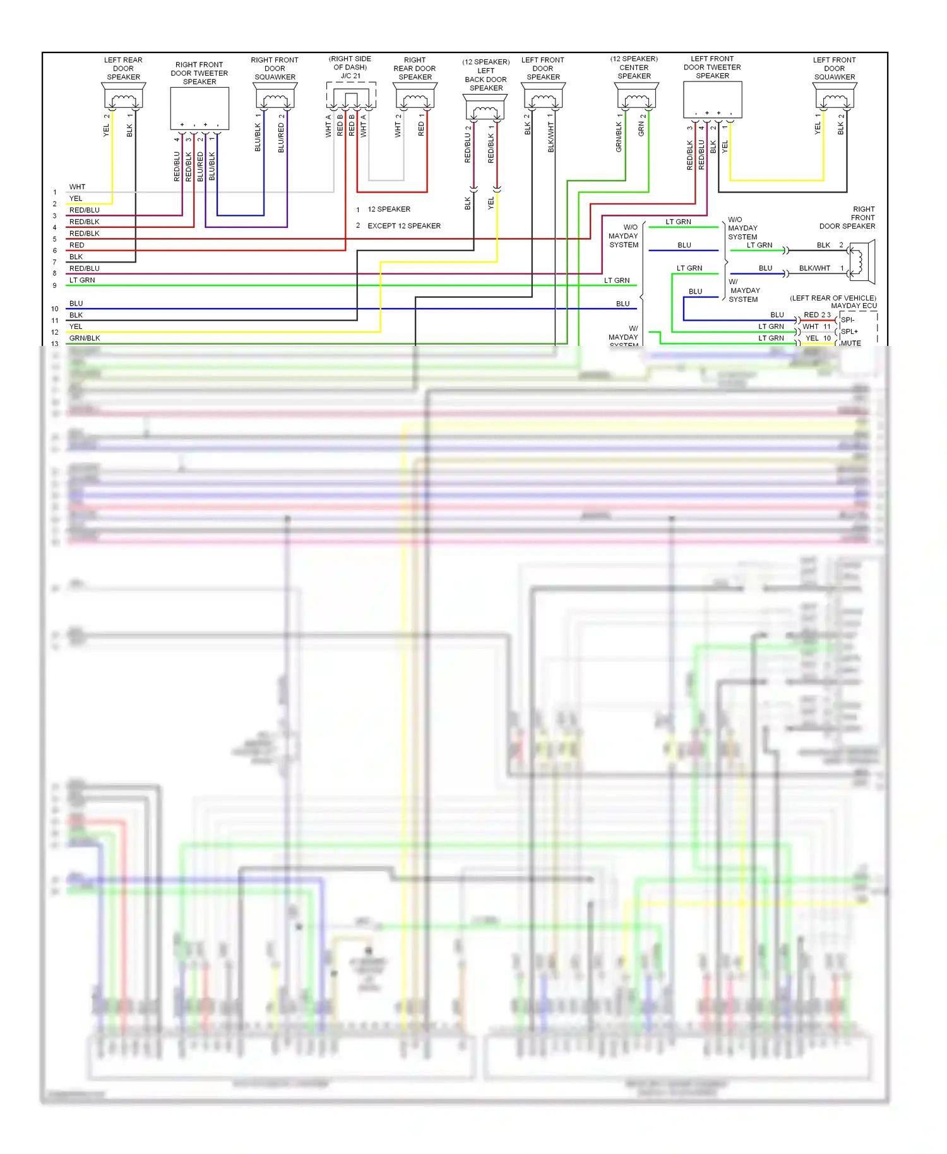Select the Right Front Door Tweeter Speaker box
[200, 108]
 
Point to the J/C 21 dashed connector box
[351, 95]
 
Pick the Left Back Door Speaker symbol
[485, 108]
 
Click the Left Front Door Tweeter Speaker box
[712, 99]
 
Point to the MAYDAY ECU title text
[854, 306]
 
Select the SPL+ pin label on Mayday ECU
[849, 331]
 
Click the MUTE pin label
[850, 343]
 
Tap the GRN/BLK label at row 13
[85, 338]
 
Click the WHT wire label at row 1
[77, 187]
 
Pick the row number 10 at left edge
[55, 309]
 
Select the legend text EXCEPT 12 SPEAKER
[404, 226]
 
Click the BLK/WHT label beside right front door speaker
[814, 268]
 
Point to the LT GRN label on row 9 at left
[82, 280]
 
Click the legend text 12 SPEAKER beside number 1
[389, 210]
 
